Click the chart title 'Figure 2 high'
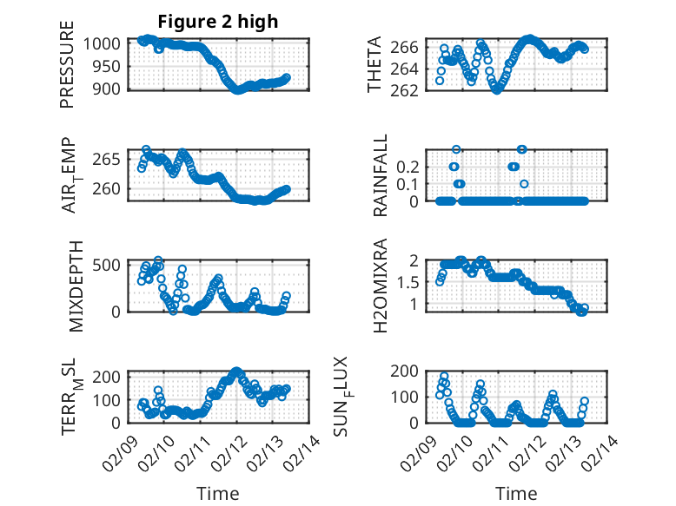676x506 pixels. [x=218, y=22]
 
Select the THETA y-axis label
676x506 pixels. [x=375, y=65]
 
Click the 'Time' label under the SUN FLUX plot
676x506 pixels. [x=516, y=493]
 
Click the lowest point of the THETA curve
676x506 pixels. [x=497, y=89]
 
